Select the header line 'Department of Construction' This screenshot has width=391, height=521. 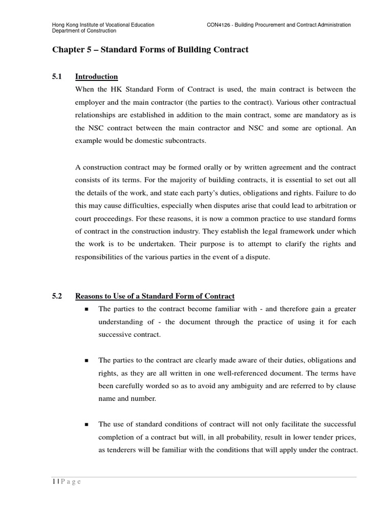[84, 31]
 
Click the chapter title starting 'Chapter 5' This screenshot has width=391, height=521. [150, 50]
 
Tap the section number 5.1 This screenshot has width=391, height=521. [57, 77]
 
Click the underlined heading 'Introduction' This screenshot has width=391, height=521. [96, 77]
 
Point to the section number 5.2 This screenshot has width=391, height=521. [57, 296]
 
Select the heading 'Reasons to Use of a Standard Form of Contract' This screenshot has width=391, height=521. [155, 296]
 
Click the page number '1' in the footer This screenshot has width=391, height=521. [53, 482]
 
